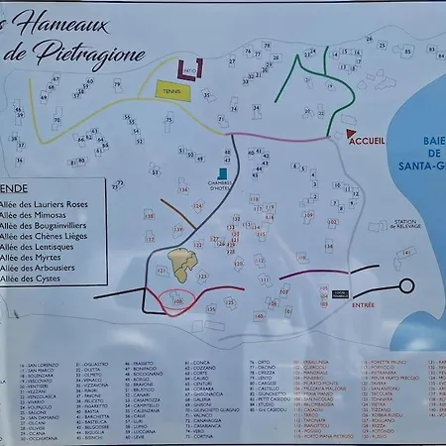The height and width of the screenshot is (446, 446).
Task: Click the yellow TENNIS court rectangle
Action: coord(175,90)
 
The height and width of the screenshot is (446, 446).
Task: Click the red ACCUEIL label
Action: coord(368,141)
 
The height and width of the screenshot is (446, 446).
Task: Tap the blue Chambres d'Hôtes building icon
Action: coord(222,174)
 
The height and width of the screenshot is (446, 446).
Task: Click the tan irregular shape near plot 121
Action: coord(180,262)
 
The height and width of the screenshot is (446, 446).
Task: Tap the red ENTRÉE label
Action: coord(364,304)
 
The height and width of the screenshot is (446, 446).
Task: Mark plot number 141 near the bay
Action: coord(405,253)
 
